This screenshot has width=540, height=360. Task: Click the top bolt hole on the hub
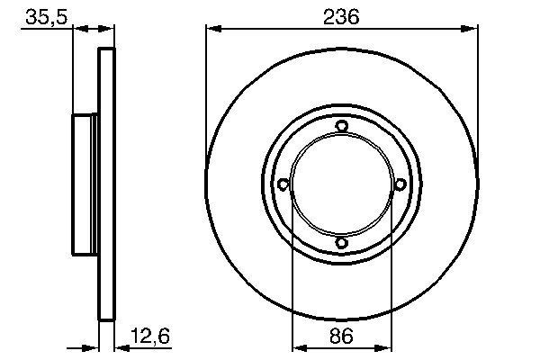tap(341, 126)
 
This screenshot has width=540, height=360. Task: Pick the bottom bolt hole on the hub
tap(341, 242)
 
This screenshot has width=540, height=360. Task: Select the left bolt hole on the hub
tap(283, 184)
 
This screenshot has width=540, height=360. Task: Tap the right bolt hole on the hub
tap(400, 184)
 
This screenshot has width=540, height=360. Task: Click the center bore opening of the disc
tap(341, 184)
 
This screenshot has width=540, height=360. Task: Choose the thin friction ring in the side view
tap(106, 184)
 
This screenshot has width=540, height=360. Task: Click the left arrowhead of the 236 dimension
tap(212, 29)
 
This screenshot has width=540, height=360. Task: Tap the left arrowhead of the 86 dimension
tap(298, 346)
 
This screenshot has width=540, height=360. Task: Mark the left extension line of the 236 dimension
tap(206, 90)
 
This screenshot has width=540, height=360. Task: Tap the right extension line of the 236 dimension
tap(476, 90)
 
